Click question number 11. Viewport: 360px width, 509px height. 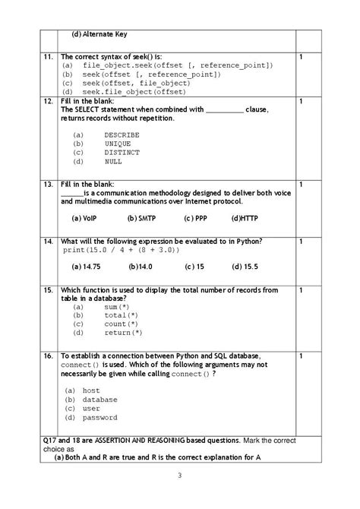(47, 57)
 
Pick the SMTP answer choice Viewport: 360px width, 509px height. (141, 217)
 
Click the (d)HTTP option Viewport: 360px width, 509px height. (246, 217)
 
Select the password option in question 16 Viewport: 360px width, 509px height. (99, 417)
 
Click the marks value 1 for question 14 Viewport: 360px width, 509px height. (302, 242)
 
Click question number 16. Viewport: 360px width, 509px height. (47, 356)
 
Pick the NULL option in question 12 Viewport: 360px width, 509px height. (113, 161)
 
